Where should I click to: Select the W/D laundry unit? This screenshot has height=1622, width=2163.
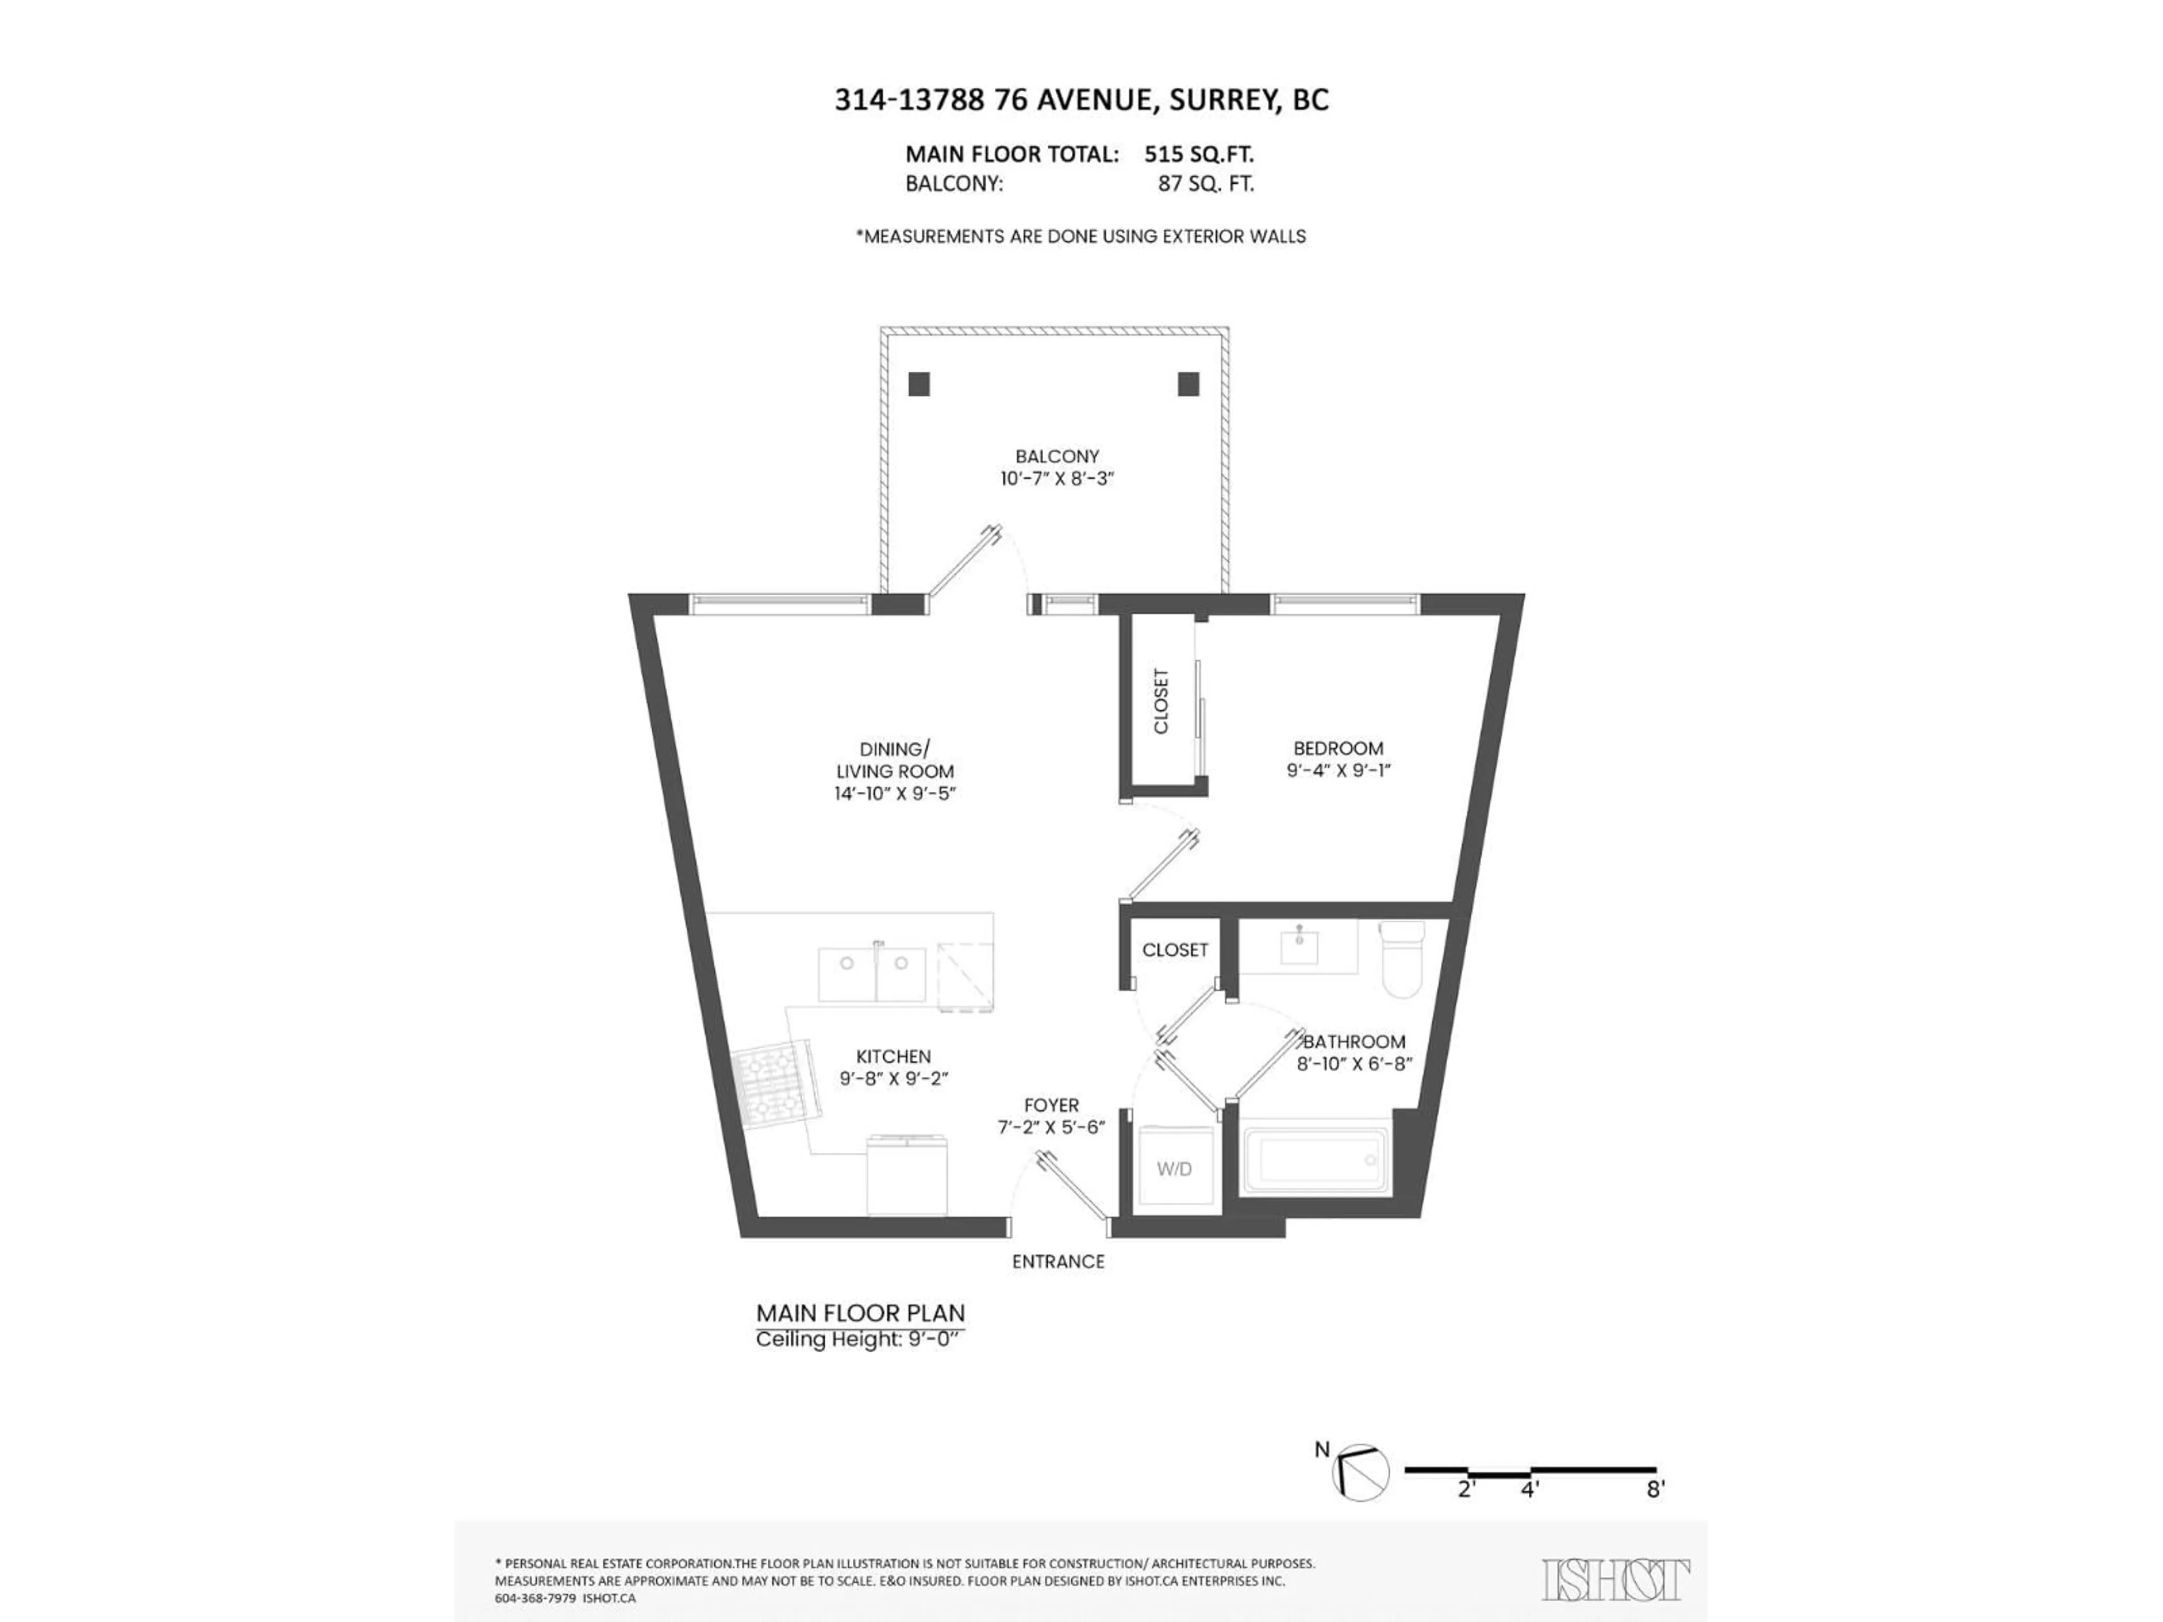[1174, 1169]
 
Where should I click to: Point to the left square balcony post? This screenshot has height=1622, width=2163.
[918, 384]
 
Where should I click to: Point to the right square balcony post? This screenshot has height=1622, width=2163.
[1188, 384]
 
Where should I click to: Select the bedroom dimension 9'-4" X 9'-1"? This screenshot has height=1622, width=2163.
[1338, 770]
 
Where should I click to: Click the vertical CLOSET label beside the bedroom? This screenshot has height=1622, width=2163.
[1161, 701]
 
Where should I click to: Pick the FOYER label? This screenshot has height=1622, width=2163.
[1051, 1106]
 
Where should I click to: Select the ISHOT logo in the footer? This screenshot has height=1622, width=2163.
[1615, 1581]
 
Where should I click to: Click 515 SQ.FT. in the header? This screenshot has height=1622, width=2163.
[1199, 154]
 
